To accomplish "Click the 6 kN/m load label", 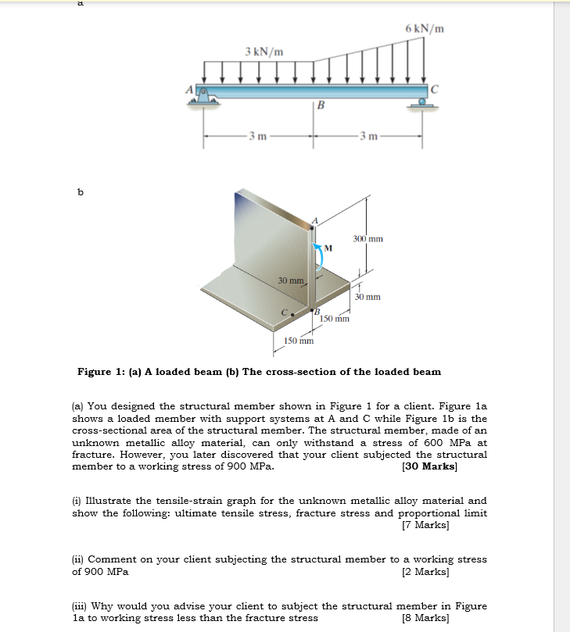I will click(x=425, y=30).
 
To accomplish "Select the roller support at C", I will click(x=423, y=101).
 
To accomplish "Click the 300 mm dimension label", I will click(x=367, y=238).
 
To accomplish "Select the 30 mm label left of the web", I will click(x=291, y=279).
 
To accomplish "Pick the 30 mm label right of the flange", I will click(x=367, y=297).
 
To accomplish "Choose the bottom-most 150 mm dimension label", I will click(x=299, y=341).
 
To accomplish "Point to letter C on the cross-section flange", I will click(x=285, y=313).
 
